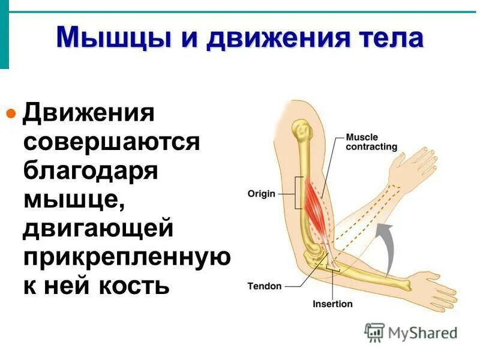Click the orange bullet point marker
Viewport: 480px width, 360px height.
(x=10, y=112)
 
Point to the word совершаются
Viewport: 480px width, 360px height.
(x=111, y=142)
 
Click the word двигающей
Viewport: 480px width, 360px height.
(x=98, y=229)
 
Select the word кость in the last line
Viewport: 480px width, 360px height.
(x=130, y=286)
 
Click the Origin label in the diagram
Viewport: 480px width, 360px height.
(x=261, y=194)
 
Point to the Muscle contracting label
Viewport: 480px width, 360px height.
(x=371, y=142)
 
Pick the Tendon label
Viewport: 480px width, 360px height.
(x=264, y=286)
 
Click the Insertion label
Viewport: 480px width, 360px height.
(x=332, y=304)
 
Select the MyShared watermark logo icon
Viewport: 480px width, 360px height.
(x=375, y=332)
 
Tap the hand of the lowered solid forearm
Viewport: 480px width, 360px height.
(x=435, y=284)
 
